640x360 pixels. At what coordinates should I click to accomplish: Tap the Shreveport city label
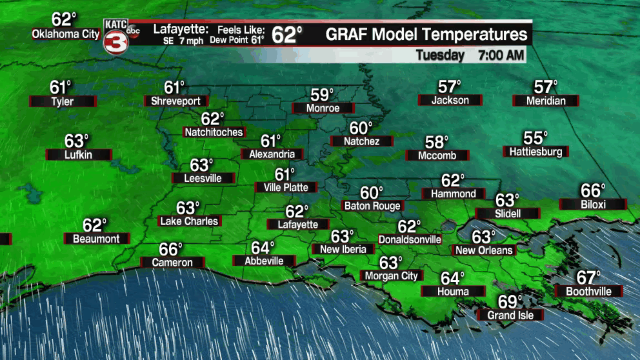click(175, 101)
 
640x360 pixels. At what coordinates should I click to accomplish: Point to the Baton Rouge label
click(372, 206)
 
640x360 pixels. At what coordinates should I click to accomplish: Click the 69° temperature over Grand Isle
click(510, 301)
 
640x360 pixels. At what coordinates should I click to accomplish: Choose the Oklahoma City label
click(66, 34)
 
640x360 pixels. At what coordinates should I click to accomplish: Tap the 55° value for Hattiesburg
click(535, 138)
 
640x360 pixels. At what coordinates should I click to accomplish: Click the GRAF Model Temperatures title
click(426, 35)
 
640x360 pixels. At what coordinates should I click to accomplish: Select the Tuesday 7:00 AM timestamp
click(469, 55)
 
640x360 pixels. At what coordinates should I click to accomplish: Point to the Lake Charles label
click(189, 221)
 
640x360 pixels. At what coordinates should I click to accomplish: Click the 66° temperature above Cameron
click(172, 249)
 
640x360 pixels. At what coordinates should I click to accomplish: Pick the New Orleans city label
click(484, 250)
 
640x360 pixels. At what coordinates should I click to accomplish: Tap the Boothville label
click(588, 292)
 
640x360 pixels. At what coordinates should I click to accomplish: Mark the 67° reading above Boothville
click(588, 278)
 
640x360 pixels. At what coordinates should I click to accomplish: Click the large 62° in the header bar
click(286, 35)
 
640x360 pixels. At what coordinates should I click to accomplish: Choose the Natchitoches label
click(214, 132)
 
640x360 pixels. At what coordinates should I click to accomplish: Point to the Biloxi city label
click(592, 205)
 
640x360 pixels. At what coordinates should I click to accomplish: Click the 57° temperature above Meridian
click(546, 86)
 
